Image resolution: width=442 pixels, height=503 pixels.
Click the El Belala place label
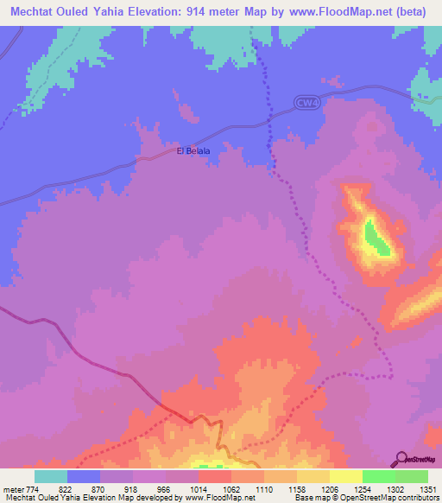coord(193,150)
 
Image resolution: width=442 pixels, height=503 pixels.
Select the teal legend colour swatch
coord(51,475)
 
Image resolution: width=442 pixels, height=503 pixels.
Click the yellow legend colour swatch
coord(313,475)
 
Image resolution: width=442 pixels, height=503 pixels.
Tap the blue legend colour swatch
coord(84,475)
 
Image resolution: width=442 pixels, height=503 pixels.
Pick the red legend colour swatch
coord(214,475)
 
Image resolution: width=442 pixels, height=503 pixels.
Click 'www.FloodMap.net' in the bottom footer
coord(212,498)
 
